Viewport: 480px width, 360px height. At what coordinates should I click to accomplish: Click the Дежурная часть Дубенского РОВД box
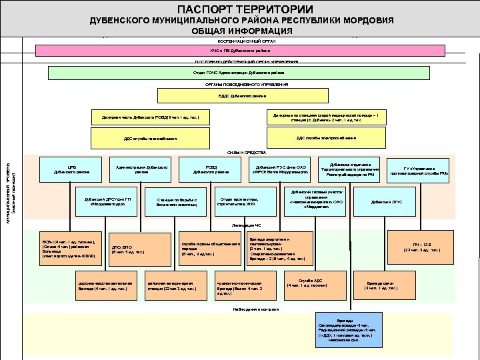151,119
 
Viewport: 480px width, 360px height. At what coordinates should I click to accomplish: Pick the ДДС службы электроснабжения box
326,138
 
